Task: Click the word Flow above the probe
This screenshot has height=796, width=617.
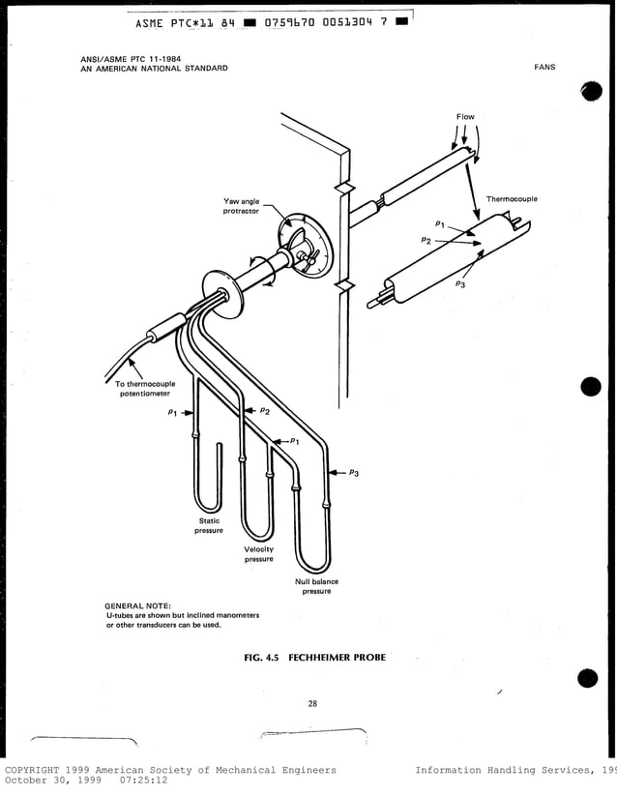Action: coord(466,117)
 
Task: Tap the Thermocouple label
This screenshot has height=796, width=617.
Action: coord(512,199)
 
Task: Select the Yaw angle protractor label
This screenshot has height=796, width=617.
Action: coord(241,206)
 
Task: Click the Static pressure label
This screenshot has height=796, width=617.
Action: coord(209,526)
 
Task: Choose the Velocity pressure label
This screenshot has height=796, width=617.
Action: coord(258,554)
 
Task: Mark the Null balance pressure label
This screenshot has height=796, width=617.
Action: coord(316,586)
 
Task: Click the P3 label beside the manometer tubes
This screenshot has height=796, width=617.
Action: coord(354,473)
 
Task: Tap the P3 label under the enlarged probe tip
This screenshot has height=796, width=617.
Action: coord(460,284)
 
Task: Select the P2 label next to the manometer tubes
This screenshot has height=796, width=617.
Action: coord(264,410)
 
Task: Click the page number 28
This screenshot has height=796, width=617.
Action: coord(312,703)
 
